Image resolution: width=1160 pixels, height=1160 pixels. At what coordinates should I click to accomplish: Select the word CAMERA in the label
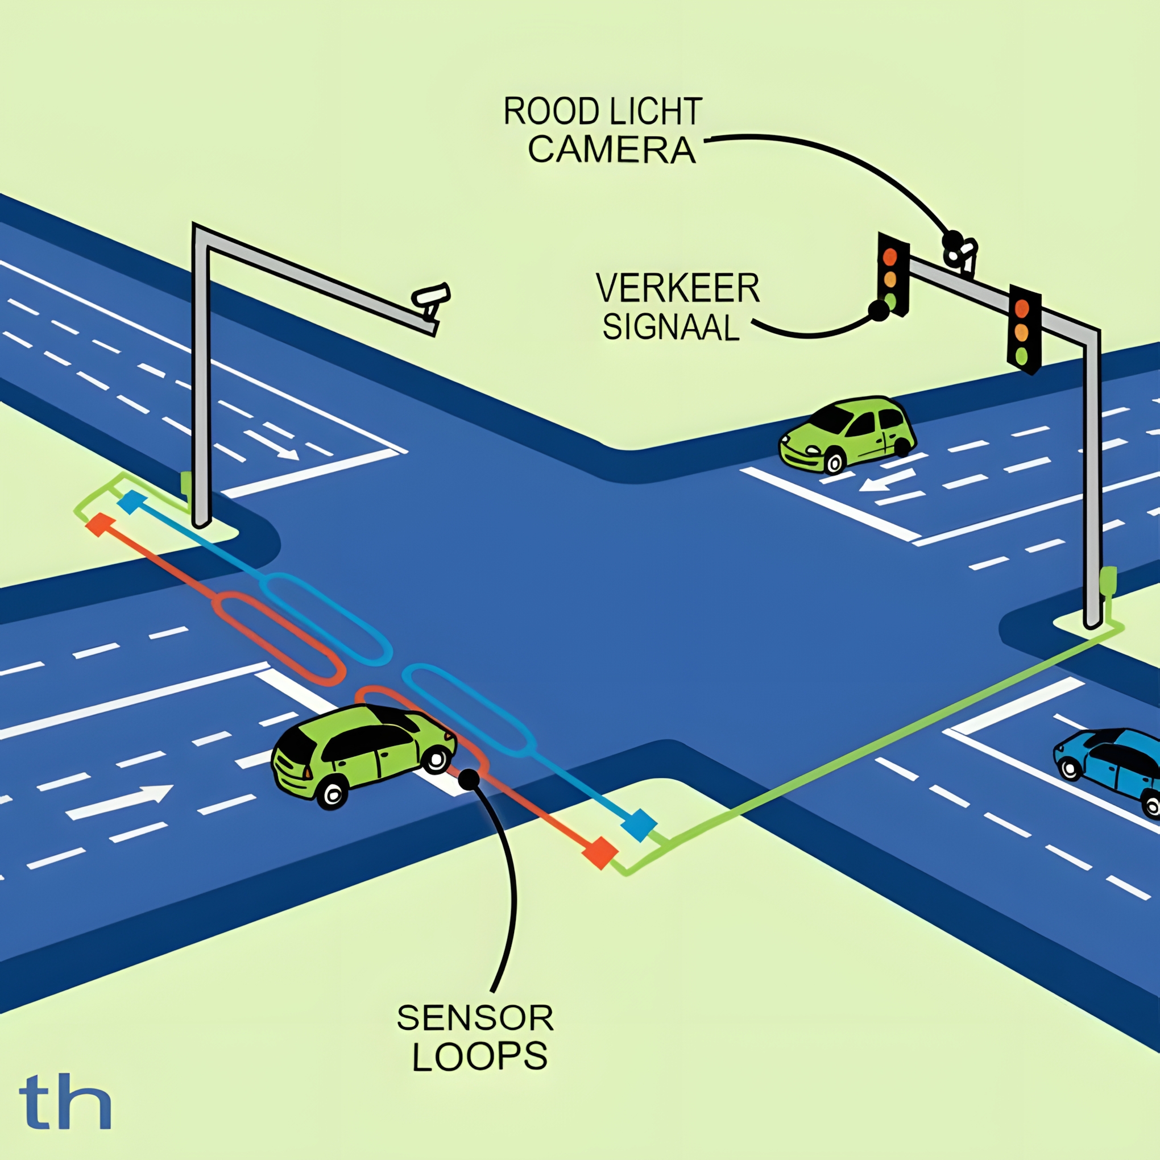pyautogui.click(x=612, y=150)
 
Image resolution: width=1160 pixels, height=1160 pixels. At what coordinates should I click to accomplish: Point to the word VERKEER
pyautogui.click(x=678, y=289)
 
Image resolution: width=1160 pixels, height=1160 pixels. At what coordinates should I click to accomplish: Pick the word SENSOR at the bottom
pyautogui.click(x=475, y=1018)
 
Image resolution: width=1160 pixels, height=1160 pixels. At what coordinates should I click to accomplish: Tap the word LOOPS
pyautogui.click(x=480, y=1056)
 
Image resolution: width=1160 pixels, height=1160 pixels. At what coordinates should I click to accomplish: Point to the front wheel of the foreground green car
pyautogui.click(x=436, y=759)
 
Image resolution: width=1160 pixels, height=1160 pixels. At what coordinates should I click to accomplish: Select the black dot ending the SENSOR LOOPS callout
pyautogui.click(x=469, y=780)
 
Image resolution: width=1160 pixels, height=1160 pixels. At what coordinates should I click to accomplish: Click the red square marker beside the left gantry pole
pyautogui.click(x=99, y=524)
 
